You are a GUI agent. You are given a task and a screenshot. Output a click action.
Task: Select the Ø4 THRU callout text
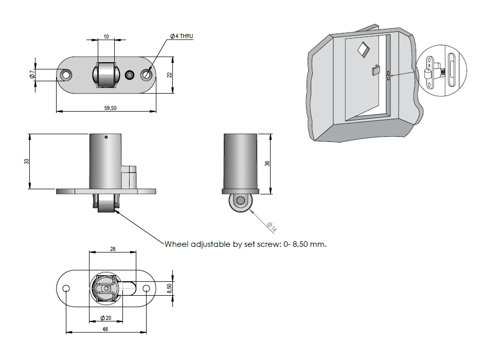182,36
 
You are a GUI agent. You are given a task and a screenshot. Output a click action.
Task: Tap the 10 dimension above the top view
106,37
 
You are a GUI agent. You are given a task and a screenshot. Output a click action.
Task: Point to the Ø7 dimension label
32,75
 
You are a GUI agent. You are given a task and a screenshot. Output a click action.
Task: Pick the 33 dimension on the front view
27,161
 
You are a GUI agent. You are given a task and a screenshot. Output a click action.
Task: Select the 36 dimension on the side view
267,164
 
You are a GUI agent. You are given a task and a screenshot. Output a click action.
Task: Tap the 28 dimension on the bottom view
113,248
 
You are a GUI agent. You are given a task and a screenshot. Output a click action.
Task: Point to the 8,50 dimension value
170,289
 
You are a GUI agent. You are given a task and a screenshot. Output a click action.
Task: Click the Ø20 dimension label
106,318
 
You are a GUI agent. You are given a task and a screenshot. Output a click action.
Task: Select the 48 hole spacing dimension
106,329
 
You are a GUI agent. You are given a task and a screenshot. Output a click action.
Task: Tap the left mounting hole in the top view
66,75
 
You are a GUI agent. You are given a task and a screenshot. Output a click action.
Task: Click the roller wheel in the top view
104,76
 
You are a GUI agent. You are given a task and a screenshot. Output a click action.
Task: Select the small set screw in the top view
130,75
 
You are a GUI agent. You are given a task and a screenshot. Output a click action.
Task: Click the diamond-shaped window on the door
363,48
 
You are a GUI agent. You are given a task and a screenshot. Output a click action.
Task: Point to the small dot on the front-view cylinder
105,137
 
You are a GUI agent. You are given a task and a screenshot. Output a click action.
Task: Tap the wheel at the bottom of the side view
240,202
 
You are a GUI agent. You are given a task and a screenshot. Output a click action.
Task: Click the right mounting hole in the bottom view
146,289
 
